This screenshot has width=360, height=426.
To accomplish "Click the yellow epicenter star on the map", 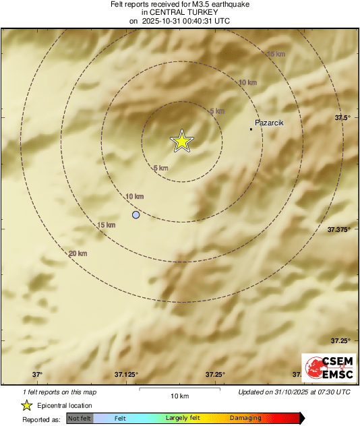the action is point(181,141).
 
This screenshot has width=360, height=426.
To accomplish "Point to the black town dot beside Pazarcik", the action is point(251,129).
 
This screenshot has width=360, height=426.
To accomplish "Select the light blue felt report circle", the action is point(136,215).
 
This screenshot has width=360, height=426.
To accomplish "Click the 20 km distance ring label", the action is point(78,253).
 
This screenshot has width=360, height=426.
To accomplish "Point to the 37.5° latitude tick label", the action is point(343,118).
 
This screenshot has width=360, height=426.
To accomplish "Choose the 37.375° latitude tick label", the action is point(339,230).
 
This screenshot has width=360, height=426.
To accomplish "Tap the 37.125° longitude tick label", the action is point(127,375).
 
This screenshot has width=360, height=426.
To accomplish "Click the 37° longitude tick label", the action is point(37,375).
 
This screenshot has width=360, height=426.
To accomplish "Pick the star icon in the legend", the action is point(27,405).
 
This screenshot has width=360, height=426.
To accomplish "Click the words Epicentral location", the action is point(65,406).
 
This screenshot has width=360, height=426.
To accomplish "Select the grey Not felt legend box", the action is point(80,419).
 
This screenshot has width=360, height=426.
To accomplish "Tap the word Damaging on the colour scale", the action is point(245,419).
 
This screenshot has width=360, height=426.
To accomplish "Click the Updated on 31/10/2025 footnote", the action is point(294,392).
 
